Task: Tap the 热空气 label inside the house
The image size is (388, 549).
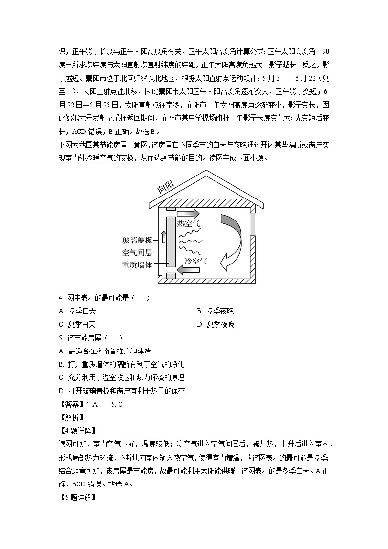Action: coord(189,224)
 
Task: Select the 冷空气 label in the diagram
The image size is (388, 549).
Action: coord(196,261)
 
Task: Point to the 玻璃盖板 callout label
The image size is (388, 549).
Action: coord(137,240)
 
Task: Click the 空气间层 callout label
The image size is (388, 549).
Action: coord(137,253)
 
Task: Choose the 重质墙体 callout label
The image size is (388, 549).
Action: coord(137,265)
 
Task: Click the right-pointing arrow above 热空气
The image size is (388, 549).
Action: coord(188,213)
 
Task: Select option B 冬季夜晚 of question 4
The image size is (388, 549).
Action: coord(216,311)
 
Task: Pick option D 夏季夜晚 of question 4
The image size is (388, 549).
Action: coord(216,324)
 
